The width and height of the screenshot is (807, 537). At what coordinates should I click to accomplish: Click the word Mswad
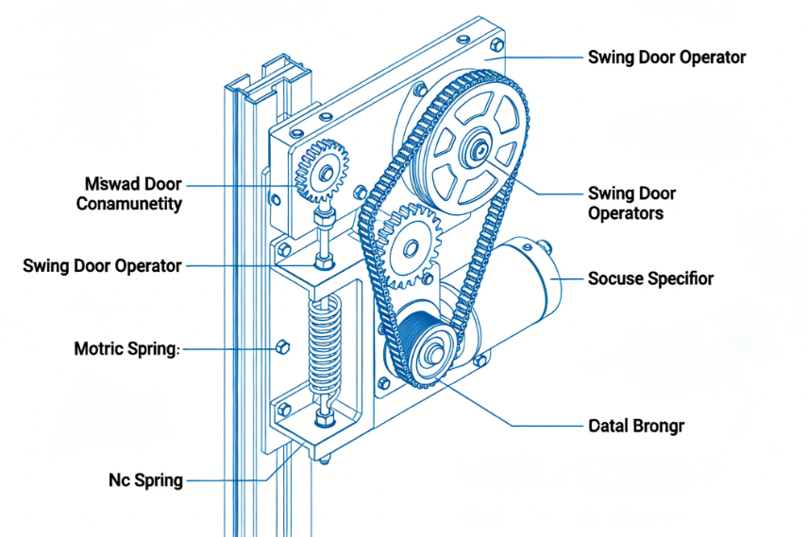(x=107, y=183)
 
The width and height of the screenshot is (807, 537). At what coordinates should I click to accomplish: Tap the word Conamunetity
(x=129, y=204)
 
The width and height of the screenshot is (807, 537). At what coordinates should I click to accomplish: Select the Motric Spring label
(x=126, y=349)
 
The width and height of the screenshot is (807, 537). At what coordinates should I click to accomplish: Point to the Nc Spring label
(x=144, y=480)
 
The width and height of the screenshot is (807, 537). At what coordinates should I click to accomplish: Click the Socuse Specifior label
(x=650, y=278)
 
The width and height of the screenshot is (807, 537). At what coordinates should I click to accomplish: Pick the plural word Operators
(x=625, y=213)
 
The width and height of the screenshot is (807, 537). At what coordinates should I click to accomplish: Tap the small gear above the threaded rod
(x=323, y=172)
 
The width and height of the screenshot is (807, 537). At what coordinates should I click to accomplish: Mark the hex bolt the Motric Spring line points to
(x=280, y=348)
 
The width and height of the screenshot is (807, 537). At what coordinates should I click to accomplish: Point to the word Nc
(x=120, y=480)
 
